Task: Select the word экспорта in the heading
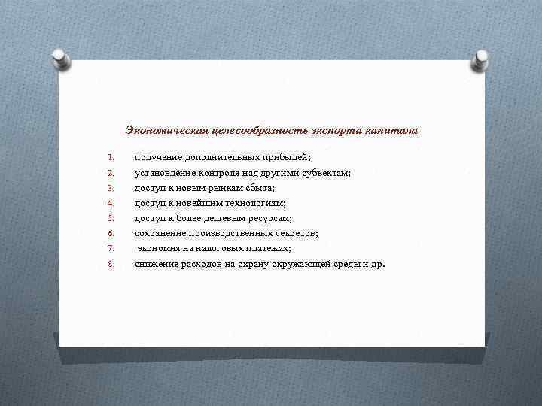tap(333, 131)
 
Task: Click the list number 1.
tap(109, 158)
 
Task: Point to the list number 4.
tap(109, 203)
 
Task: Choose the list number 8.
tap(109, 264)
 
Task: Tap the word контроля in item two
tap(219, 173)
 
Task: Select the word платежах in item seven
tap(266, 248)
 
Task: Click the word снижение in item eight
tap(157, 264)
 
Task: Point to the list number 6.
tap(109, 233)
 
